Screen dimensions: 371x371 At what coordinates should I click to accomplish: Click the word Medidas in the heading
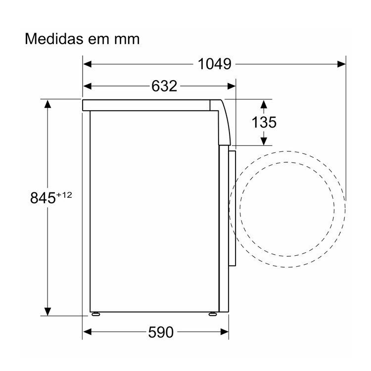[54, 39]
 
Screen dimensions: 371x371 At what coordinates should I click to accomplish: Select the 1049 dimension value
[214, 64]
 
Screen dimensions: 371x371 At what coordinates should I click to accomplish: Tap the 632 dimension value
[164, 86]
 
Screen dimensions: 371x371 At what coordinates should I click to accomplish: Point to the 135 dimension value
[264, 122]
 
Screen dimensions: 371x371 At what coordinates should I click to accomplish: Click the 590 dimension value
[161, 332]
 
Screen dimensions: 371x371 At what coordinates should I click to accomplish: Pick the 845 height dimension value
[43, 198]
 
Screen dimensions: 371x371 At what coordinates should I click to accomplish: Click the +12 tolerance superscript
[64, 195]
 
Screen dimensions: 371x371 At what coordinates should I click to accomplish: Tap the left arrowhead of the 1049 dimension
[87, 64]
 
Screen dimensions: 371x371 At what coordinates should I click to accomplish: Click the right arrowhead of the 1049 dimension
[342, 64]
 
